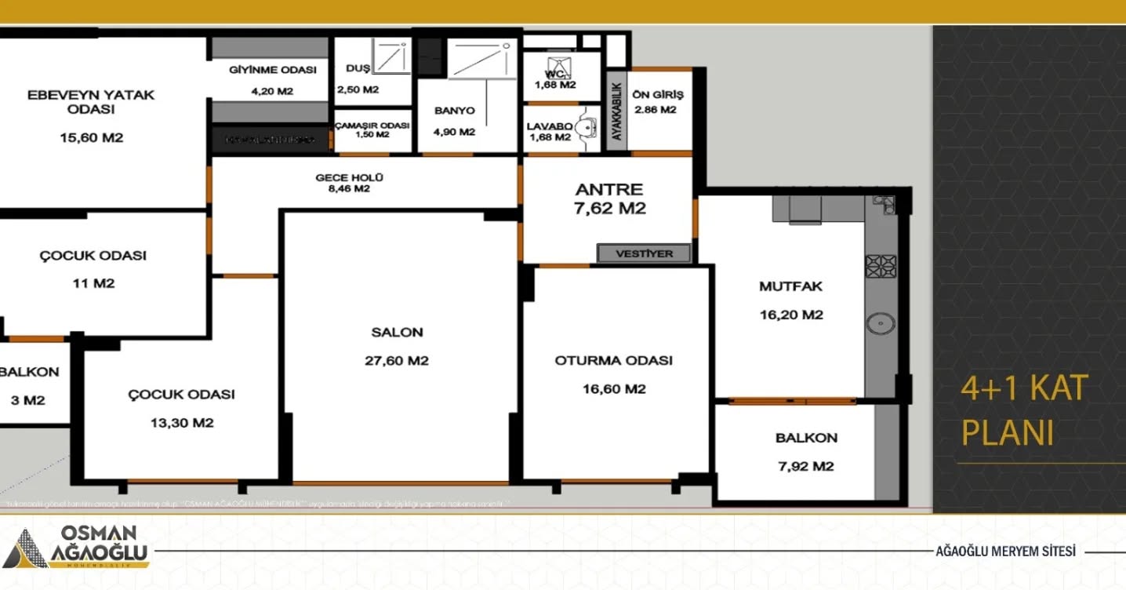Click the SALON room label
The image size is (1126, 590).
point(397,332)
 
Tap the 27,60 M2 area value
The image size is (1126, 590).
point(397,361)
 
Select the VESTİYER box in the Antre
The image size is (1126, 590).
point(645,253)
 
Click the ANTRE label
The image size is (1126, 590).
point(609,189)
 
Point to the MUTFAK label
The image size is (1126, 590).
point(790,286)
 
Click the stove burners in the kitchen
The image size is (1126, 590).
point(881,266)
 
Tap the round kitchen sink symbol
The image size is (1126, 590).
point(881,322)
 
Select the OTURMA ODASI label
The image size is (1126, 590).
point(614,361)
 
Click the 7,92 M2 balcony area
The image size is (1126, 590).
point(806,466)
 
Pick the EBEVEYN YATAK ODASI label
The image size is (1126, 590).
point(91,102)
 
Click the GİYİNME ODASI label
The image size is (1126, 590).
point(272,70)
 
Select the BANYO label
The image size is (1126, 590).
point(454,111)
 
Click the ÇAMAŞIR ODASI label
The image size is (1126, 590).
point(372,126)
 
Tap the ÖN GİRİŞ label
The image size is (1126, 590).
point(657,95)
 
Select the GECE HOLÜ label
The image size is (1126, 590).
point(349,177)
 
